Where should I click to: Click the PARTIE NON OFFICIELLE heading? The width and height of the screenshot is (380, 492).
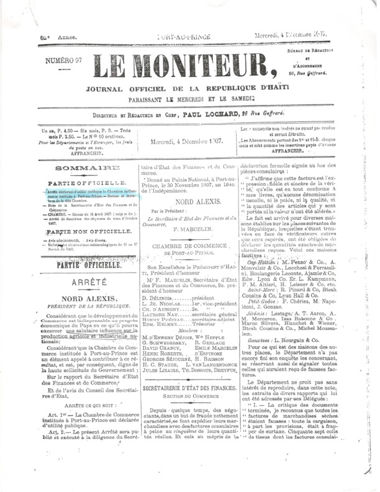73,231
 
